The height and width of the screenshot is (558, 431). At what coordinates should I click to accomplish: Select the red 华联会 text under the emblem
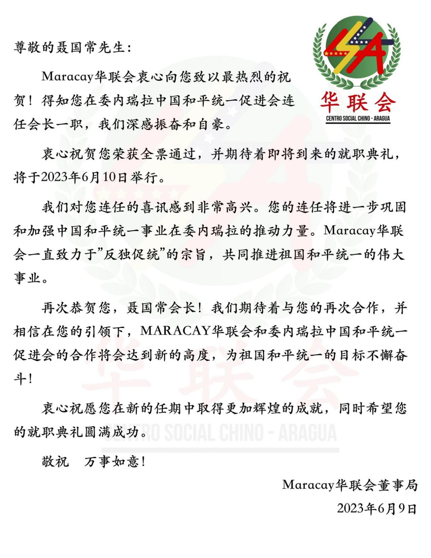point(358,102)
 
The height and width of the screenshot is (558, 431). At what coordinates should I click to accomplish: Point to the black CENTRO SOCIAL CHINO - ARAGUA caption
point(358,118)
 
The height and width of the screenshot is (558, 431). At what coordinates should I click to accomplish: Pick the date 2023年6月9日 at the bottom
point(377,509)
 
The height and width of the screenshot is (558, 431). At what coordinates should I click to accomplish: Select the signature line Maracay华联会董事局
point(350,485)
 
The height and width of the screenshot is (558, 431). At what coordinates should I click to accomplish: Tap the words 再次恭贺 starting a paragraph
point(69,308)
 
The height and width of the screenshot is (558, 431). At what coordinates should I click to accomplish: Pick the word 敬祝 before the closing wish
point(55,462)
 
